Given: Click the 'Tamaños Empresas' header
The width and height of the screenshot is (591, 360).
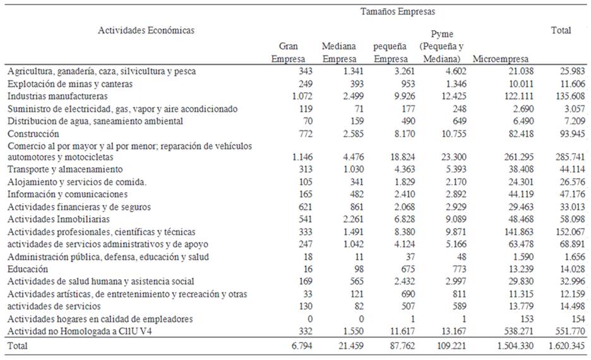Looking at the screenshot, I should pyautogui.click(x=398, y=11).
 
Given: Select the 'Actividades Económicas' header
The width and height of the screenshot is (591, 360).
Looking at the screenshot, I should pyautogui.click(x=146, y=30).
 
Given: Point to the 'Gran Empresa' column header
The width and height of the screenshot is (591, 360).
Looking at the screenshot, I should pyautogui.click(x=288, y=52).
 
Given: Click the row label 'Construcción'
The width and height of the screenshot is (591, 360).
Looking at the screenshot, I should pyautogui.click(x=33, y=134).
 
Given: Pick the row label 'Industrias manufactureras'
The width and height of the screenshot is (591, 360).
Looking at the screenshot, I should pyautogui.click(x=57, y=97).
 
